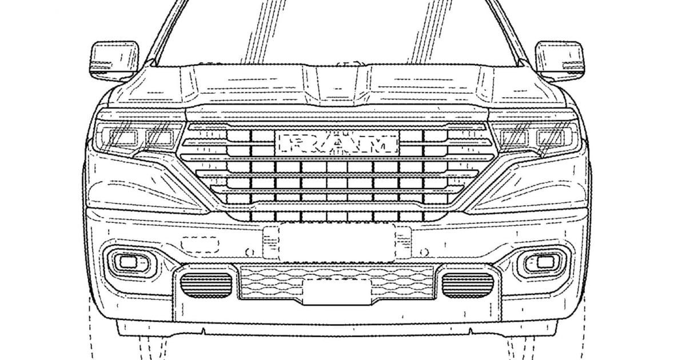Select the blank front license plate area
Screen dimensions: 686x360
[x=337, y=243]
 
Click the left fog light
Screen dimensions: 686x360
[x=128, y=262]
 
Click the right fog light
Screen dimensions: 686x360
[x=545, y=262]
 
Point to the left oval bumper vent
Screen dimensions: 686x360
[x=206, y=285]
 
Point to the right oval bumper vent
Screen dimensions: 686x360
[x=468, y=285]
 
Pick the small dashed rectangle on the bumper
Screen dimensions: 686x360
[x=200, y=245]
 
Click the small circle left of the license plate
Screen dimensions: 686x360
[x=250, y=253]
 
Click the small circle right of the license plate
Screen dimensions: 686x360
[x=424, y=253]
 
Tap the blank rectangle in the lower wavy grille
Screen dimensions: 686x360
[x=337, y=292]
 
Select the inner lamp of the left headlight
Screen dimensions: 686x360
[x=159, y=138]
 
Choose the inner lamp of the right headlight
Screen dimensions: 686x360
[x=514, y=138]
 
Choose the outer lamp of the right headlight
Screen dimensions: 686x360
[x=551, y=138]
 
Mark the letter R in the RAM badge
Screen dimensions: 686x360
[x=297, y=144]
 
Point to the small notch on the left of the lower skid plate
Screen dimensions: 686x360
[x=204, y=331]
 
